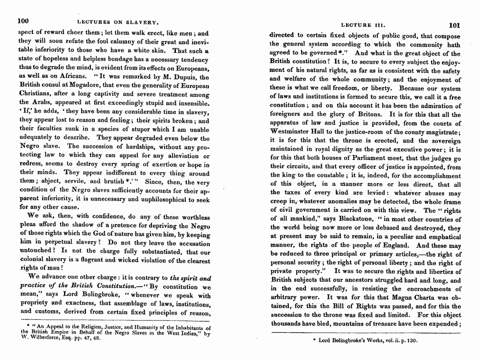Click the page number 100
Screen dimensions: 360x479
tap(23, 21)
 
